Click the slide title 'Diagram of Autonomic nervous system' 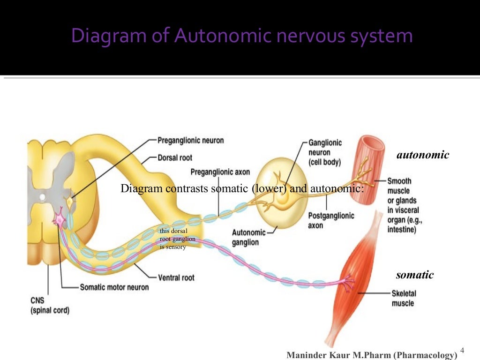[242, 36]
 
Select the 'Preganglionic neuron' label [190, 140]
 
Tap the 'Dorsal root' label [174, 158]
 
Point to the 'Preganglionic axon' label [220, 172]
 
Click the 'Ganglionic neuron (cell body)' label [325, 152]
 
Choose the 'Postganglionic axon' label [331, 220]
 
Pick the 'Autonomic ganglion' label [248, 237]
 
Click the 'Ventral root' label [176, 277]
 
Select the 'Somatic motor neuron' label [114, 287]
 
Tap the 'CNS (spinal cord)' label [50, 305]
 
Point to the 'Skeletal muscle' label [404, 298]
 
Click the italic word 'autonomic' [422, 155]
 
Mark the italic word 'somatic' [414, 275]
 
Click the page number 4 [462, 351]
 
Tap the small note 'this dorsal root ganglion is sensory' [177, 239]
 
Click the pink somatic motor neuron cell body [60, 219]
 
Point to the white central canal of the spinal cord [43, 197]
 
